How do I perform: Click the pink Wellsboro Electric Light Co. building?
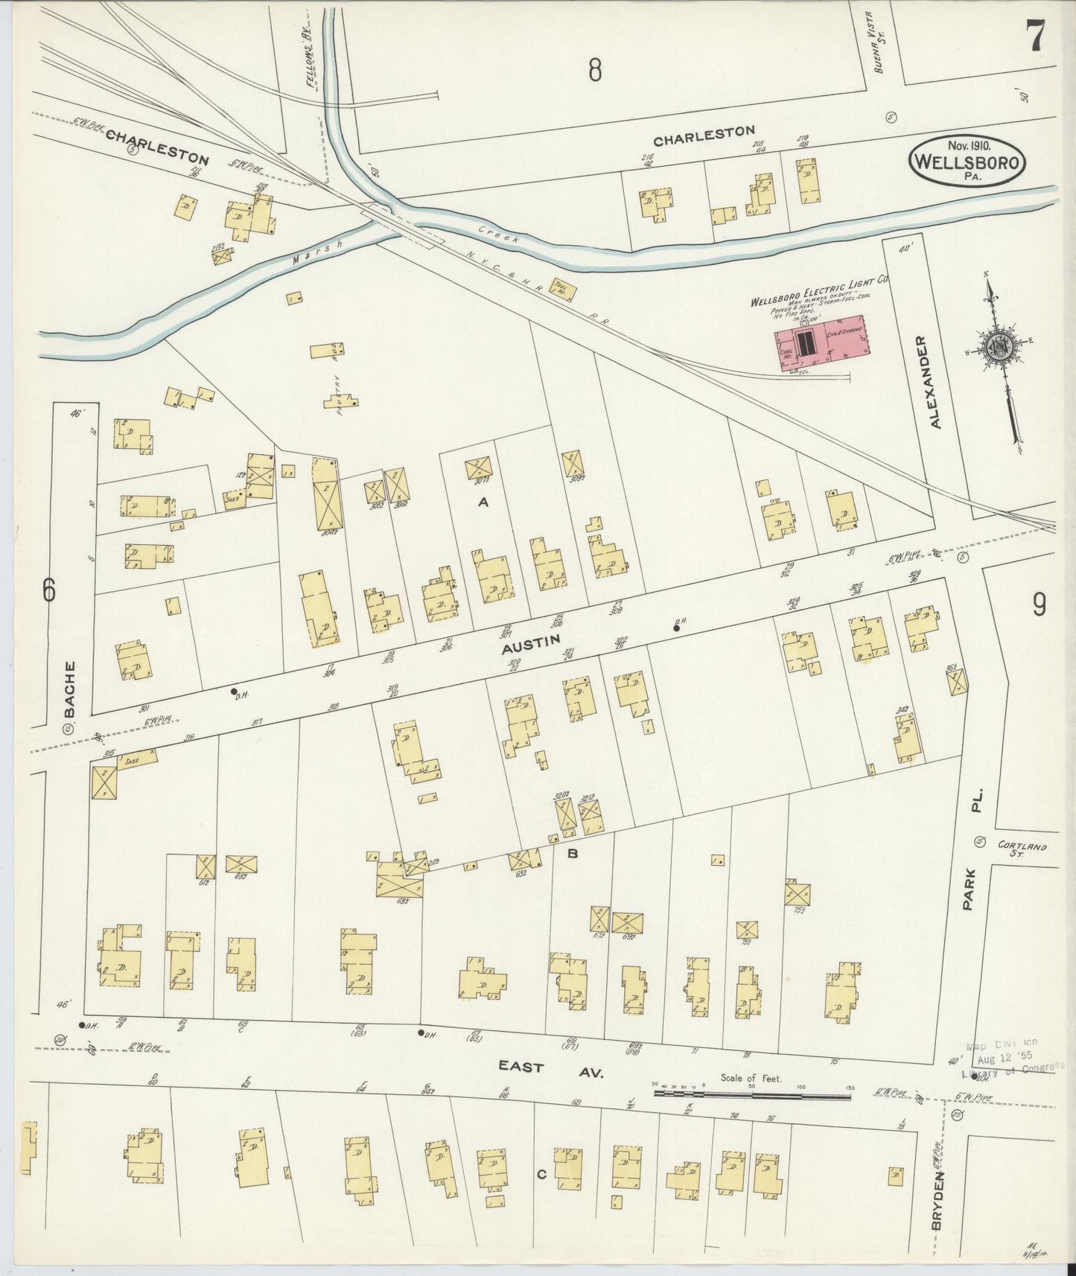(819, 345)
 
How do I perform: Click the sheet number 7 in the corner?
(1036, 35)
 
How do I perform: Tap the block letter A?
(483, 503)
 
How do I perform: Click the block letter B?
(572, 854)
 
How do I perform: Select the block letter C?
(541, 1175)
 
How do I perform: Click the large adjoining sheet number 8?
(593, 70)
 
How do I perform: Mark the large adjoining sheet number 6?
(49, 590)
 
